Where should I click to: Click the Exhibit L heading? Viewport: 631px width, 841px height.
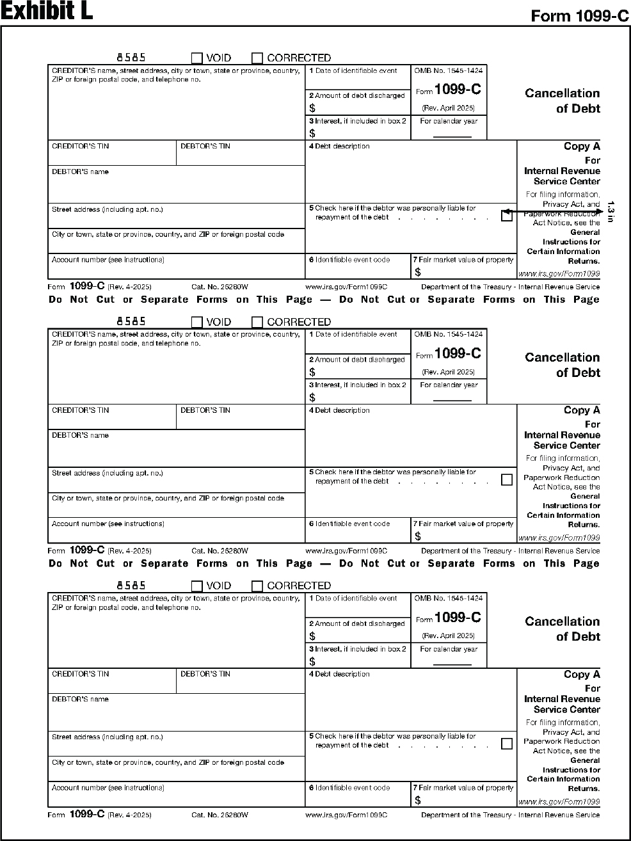click(47, 12)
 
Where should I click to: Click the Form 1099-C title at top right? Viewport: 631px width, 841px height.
click(580, 16)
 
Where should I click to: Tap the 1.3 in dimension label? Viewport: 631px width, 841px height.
click(611, 212)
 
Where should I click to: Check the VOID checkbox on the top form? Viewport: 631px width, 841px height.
click(197, 58)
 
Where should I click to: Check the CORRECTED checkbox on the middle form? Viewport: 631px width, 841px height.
click(257, 322)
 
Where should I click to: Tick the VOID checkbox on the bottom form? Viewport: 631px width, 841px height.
click(197, 586)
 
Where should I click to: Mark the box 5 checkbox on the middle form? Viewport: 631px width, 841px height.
click(507, 479)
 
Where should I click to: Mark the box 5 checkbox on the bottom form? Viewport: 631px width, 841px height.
click(507, 744)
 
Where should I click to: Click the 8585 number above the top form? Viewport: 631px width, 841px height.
click(131, 58)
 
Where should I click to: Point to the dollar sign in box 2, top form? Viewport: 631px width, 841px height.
click(312, 108)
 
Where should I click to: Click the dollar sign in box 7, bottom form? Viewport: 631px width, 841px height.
click(418, 800)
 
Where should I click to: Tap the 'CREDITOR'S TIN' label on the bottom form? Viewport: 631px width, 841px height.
click(80, 674)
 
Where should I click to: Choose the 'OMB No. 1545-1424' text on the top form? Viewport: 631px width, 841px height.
click(449, 71)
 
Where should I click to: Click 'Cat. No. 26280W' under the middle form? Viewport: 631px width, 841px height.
click(220, 551)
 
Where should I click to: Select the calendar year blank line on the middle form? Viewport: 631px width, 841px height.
click(452, 401)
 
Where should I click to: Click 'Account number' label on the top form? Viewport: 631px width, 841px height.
click(108, 260)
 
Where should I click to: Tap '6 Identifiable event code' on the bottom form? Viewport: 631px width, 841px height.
click(349, 788)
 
